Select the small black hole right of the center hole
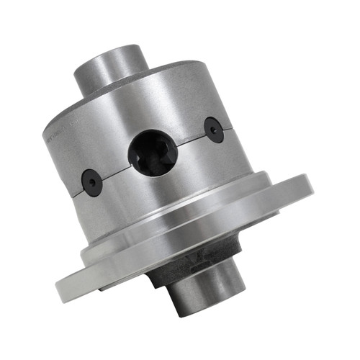click(x=214, y=130)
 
